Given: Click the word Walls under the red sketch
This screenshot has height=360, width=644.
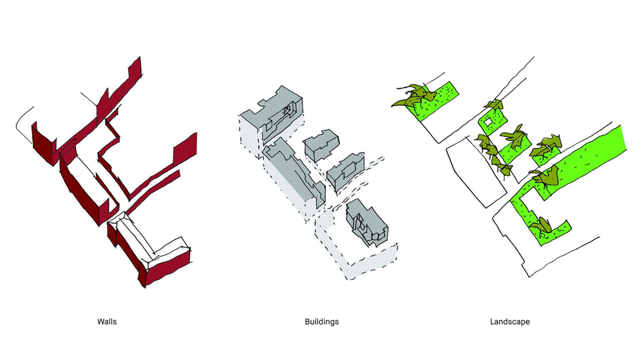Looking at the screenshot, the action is [x=107, y=322].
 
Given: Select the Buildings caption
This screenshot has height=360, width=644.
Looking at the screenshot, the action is [x=321, y=322].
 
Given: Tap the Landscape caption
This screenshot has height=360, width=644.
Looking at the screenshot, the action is [x=509, y=322].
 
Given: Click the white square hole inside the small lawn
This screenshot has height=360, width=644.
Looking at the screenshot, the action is [x=488, y=122].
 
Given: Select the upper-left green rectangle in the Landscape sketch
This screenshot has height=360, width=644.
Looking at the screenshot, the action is [x=435, y=100].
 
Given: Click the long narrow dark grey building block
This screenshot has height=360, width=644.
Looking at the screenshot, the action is [x=295, y=173].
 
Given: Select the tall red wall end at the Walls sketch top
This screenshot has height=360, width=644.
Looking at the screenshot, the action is [x=135, y=72].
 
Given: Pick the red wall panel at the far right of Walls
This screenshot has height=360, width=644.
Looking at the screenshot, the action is [x=185, y=147].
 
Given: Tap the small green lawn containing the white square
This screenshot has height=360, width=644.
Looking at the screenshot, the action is [x=493, y=122].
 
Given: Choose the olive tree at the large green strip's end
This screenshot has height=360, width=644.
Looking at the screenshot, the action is [x=545, y=177].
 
